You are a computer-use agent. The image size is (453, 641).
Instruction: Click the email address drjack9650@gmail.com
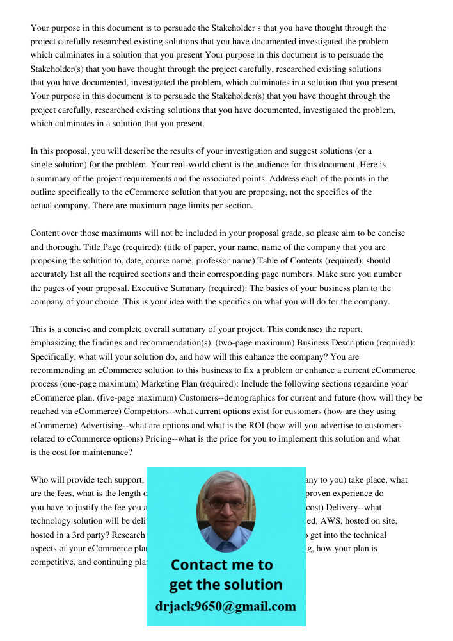coord(225,606)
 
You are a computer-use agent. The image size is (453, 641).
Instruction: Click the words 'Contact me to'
coord(221,565)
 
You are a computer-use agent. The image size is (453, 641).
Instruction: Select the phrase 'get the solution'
coord(225,585)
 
